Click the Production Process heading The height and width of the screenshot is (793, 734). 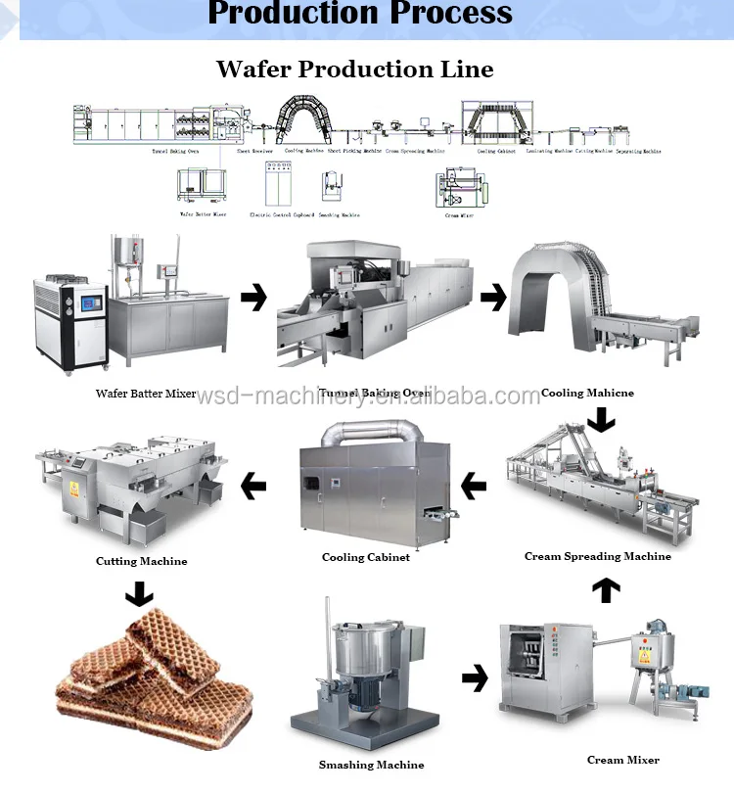360,14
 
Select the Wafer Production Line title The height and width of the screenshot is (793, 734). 354,69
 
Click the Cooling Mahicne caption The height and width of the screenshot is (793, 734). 587,393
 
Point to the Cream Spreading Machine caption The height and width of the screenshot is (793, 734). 597,556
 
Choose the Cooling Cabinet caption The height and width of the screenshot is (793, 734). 365,557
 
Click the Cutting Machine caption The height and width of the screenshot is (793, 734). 141,561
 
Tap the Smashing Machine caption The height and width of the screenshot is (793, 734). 371,765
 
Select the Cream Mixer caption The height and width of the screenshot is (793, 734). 622,760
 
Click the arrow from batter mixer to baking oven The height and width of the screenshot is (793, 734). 253,298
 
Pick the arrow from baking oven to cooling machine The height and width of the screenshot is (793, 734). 492,298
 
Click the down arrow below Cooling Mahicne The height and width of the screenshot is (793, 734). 600,420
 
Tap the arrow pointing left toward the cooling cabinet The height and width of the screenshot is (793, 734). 474,484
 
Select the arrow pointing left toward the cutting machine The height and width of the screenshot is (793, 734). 253,484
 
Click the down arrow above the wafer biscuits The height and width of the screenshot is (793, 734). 140,593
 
